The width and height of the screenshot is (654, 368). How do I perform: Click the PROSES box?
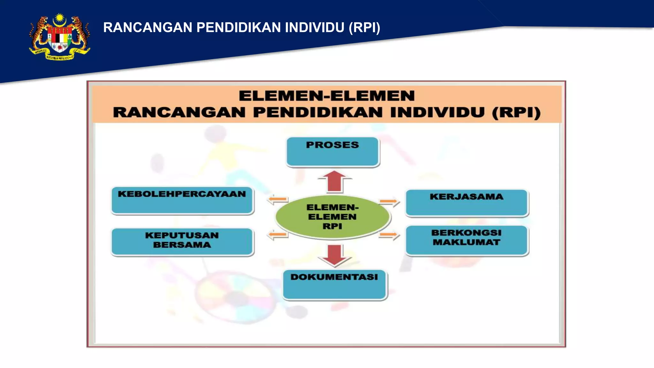(333, 152)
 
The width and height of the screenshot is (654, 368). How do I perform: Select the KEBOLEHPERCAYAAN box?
(182, 200)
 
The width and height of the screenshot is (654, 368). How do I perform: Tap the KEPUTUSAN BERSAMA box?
(182, 241)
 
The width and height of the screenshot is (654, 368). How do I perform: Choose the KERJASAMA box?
(467, 203)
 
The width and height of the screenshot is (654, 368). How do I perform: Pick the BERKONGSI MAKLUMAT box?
(467, 240)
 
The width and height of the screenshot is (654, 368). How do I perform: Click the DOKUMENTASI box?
(335, 285)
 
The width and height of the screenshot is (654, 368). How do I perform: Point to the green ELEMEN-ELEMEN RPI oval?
(332, 217)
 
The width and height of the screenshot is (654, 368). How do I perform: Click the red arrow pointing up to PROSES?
(334, 181)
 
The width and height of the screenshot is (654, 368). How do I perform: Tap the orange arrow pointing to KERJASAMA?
(389, 202)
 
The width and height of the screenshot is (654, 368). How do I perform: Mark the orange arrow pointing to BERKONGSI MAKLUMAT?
(389, 235)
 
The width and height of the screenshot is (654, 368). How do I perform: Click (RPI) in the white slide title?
(364, 27)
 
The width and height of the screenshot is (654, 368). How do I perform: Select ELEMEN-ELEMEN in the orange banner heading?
(327, 96)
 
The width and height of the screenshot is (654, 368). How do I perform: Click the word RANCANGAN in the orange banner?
(179, 112)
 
